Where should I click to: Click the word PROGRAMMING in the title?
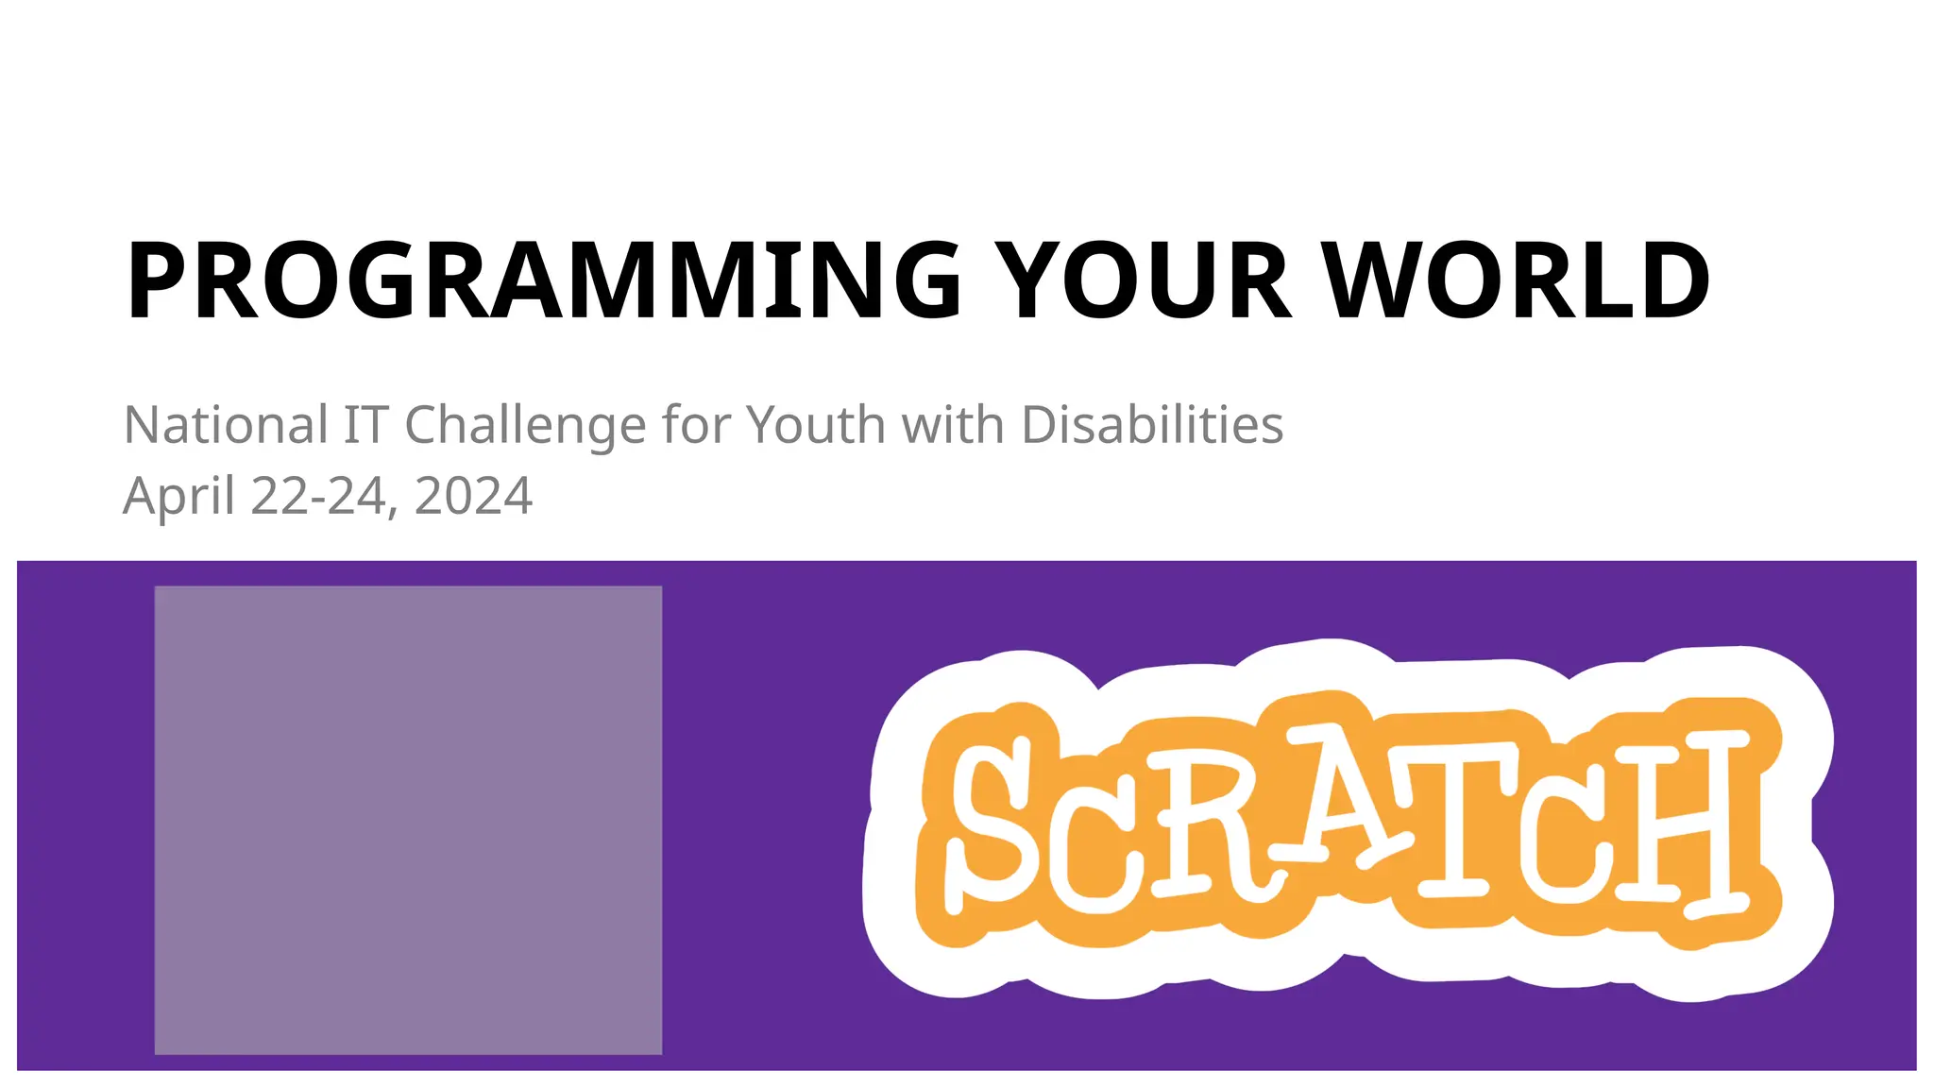[x=543, y=280]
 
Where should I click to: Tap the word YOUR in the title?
[x=1142, y=280]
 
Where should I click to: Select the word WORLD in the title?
[x=1517, y=280]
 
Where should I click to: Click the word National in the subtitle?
[x=226, y=425]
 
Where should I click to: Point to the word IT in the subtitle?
[x=365, y=425]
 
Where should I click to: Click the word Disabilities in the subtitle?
[x=1152, y=425]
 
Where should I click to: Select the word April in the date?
[x=178, y=497]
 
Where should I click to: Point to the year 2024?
[x=473, y=497]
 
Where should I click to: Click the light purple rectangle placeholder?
[x=408, y=820]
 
